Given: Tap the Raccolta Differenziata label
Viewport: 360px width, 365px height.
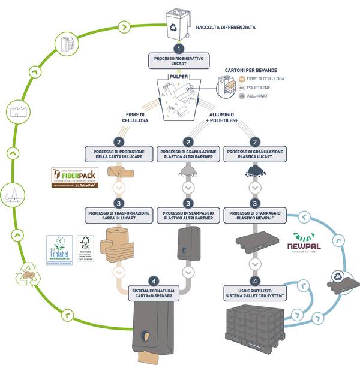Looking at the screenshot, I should tap(226, 27).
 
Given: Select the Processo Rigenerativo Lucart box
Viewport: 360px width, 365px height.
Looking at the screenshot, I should tap(178, 61).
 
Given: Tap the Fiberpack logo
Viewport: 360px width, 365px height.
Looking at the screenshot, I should tap(74, 178).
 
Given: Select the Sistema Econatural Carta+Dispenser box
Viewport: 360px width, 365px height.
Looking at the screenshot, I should tap(153, 292).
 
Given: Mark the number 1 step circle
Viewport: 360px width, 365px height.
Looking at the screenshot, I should tap(178, 49).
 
